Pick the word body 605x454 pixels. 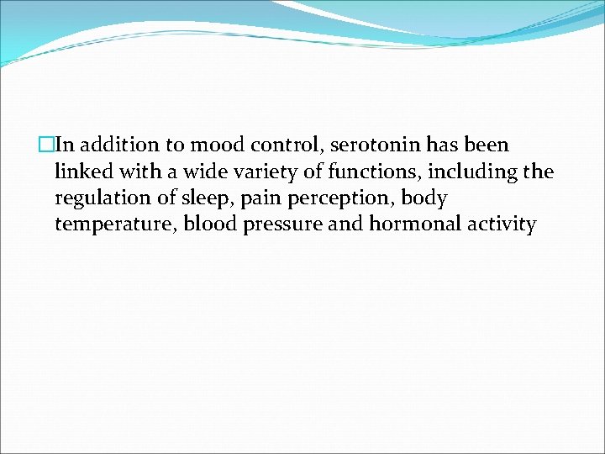tap(424, 198)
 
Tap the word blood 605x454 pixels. tap(208, 224)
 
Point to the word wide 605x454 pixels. tap(197, 172)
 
